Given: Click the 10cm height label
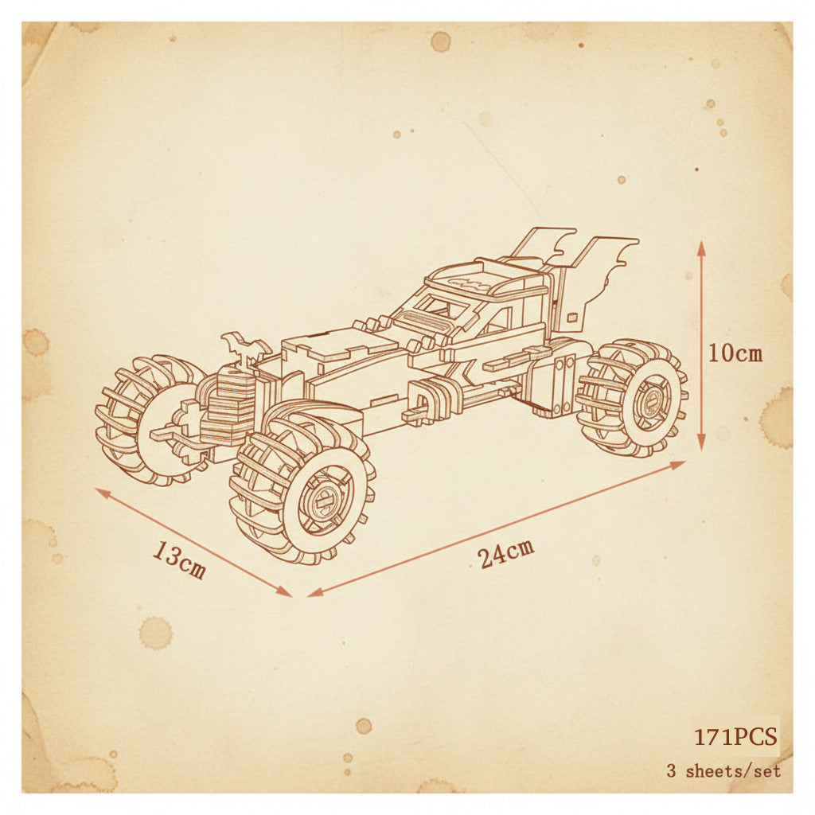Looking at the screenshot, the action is (735, 354).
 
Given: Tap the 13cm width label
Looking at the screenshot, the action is (179, 560).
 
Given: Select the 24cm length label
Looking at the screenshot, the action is (505, 553).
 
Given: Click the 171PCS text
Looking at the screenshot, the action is (736, 736).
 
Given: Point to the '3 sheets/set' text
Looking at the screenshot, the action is (723, 770).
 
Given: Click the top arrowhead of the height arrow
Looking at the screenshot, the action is (701, 248).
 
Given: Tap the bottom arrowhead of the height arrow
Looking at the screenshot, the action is (701, 443).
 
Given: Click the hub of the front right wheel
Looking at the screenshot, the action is (326, 501).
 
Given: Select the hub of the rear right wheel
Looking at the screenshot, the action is (652, 402).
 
